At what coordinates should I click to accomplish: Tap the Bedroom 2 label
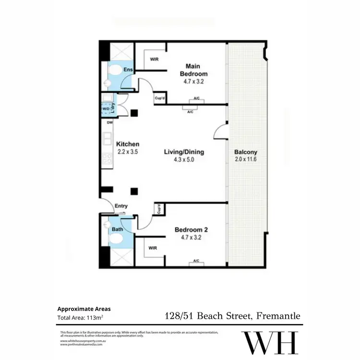tap(191, 230)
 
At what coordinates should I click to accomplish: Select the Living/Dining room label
tap(184, 152)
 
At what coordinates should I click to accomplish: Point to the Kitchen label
tap(128, 144)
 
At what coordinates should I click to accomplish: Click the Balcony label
tap(244, 152)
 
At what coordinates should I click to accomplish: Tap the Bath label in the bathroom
tap(118, 230)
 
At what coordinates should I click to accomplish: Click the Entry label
tap(121, 206)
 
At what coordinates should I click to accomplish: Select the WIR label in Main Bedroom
tap(154, 60)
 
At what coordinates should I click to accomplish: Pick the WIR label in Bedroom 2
tap(153, 248)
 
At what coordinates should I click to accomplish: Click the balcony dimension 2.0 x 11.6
tap(244, 159)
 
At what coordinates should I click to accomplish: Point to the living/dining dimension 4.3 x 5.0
tap(184, 160)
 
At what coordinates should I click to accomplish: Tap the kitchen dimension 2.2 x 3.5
tap(128, 152)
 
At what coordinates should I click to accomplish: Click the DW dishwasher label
tap(109, 123)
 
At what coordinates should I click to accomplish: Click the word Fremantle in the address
tap(278, 316)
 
